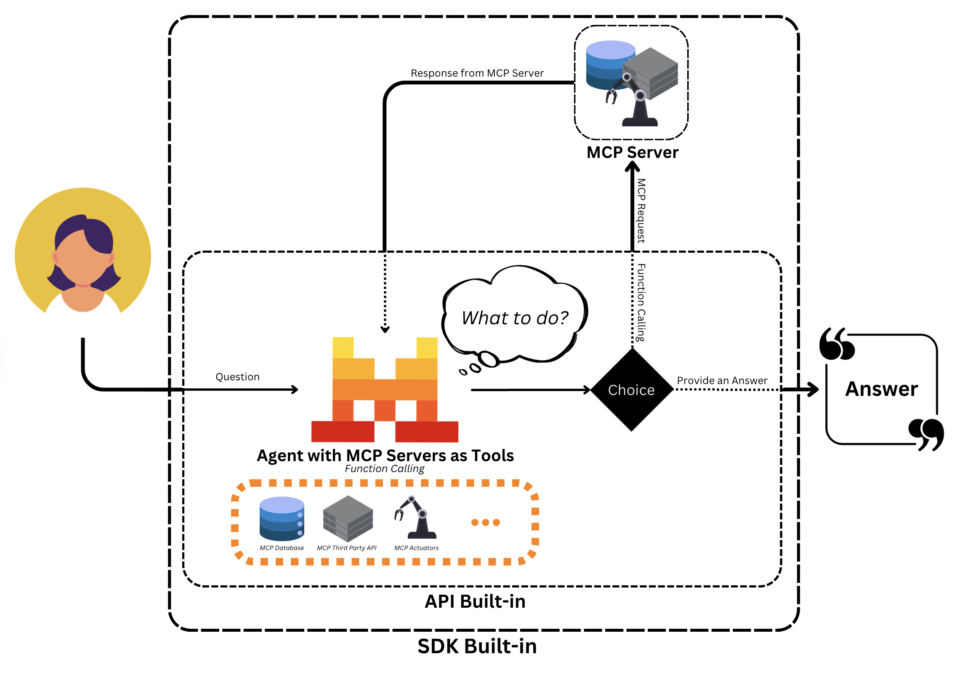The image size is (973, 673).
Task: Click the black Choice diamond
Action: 631,390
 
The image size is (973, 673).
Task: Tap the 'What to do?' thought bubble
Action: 515,318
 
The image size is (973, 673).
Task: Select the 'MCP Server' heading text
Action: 632,152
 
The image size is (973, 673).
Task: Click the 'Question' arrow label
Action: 237,377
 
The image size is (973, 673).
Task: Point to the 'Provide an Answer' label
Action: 721,380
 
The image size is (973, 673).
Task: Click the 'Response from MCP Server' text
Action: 476,73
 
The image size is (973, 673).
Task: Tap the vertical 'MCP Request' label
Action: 641,211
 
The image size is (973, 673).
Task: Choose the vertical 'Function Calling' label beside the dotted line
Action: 641,302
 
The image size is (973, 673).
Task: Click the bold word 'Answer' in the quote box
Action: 881,389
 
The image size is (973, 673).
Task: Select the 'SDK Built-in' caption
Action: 476,646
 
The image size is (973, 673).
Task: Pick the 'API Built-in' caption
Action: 475,601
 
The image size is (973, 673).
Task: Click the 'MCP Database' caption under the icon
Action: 282,548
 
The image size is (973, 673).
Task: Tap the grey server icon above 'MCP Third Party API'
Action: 348,519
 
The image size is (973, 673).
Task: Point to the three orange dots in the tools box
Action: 485,523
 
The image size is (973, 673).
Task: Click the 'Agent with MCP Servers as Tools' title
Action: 385,455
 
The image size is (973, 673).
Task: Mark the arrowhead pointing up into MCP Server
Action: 632,167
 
